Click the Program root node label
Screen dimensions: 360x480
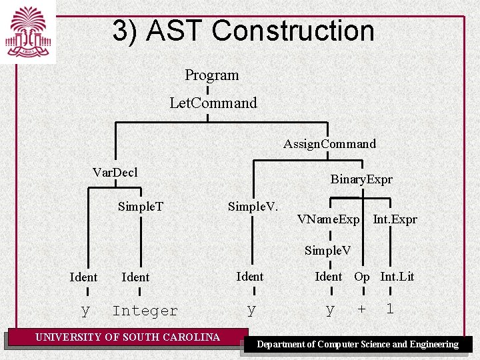click(211, 75)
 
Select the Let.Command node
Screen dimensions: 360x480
click(213, 103)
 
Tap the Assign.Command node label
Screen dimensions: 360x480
click(329, 144)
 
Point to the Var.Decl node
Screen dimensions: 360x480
click(115, 173)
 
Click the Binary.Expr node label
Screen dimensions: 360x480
click(361, 179)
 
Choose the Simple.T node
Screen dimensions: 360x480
click(140, 206)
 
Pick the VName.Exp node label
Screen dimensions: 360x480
click(328, 219)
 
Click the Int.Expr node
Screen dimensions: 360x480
click(395, 219)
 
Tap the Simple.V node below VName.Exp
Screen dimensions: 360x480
click(327, 251)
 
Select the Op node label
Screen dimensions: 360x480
click(361, 277)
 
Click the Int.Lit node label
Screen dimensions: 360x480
click(397, 277)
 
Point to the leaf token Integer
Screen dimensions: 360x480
click(145, 311)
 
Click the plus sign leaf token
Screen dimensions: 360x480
click(361, 310)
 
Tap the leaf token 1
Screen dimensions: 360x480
click(390, 309)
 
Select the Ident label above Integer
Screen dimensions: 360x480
click(135, 277)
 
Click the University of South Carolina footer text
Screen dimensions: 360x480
click(127, 337)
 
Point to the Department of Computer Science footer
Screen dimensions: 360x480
click(357, 344)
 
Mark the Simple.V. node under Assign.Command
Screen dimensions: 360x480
click(253, 206)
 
